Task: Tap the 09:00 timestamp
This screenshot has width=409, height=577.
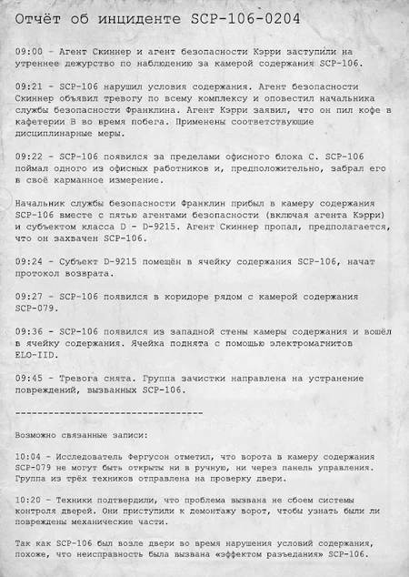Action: click(x=30, y=52)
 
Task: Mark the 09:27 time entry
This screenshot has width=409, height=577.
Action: click(x=30, y=297)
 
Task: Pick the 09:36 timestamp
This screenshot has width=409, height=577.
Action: click(x=30, y=331)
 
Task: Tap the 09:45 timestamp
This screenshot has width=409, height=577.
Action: click(x=30, y=378)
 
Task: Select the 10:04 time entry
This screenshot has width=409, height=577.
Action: click(x=30, y=454)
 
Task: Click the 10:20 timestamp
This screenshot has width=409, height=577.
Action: click(x=30, y=501)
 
